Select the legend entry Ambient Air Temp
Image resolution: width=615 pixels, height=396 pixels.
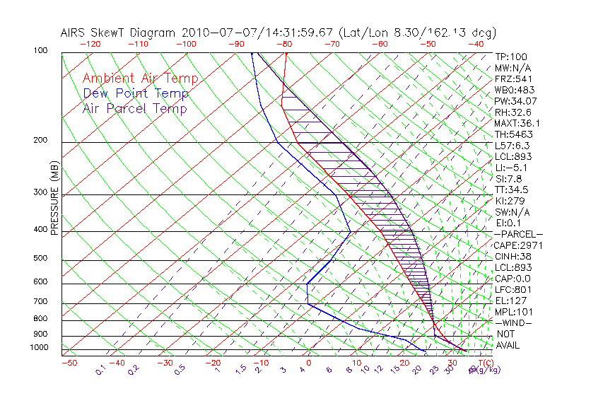(x=140, y=78)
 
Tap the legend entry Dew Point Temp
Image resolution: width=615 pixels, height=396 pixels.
(x=136, y=93)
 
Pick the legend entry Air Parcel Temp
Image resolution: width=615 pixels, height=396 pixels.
(x=134, y=108)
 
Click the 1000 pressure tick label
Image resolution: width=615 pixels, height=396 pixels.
(x=40, y=348)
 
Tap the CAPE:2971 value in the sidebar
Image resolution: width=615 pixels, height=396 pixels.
(x=517, y=245)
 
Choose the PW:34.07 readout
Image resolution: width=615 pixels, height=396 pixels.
(x=515, y=101)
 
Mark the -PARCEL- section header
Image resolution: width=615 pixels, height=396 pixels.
(x=518, y=234)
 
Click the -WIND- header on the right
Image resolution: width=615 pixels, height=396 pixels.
(x=513, y=322)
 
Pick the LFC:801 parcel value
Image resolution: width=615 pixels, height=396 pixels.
(x=512, y=289)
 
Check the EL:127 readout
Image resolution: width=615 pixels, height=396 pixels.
(x=510, y=301)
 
